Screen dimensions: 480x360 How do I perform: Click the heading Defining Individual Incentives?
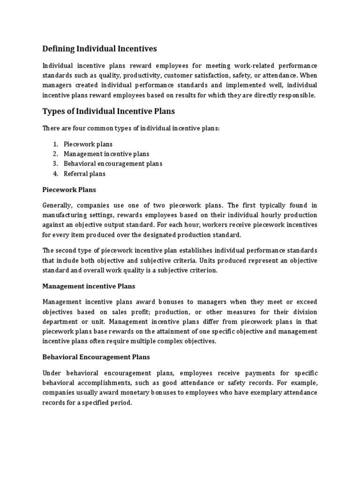(x=99, y=48)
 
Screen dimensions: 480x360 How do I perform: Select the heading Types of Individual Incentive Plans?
(x=108, y=111)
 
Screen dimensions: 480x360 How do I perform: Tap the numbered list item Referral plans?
(x=84, y=173)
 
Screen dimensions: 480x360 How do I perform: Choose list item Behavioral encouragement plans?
(x=113, y=164)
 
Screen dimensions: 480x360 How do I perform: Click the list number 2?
(x=55, y=154)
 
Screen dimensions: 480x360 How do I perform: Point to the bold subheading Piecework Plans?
(x=69, y=190)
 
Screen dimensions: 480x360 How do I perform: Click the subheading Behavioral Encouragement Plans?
(x=96, y=357)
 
